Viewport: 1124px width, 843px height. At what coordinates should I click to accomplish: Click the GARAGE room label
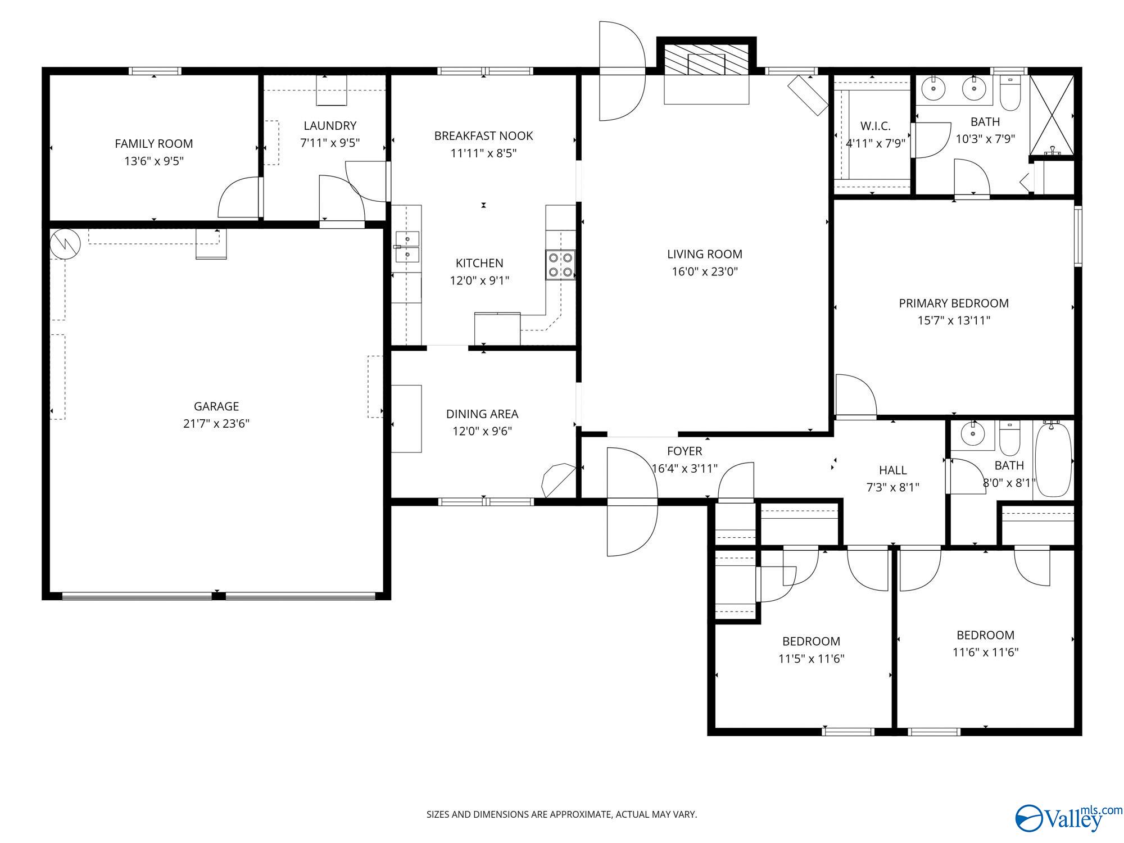click(x=216, y=406)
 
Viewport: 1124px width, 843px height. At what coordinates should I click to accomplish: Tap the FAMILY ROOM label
click(x=154, y=144)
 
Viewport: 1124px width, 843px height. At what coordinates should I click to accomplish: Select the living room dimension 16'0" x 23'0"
click(x=705, y=272)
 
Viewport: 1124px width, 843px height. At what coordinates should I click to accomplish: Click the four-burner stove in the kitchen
click(x=560, y=265)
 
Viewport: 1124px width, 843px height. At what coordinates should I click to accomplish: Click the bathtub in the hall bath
click(x=1053, y=460)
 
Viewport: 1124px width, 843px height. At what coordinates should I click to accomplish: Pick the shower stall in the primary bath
click(x=1052, y=115)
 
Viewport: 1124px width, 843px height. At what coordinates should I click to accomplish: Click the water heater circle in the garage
click(x=65, y=244)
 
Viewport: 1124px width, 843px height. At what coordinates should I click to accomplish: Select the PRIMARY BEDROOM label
click(x=954, y=303)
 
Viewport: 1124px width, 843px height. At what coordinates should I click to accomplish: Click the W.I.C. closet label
click(x=876, y=126)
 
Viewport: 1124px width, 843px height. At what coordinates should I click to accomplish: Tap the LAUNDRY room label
click(x=330, y=126)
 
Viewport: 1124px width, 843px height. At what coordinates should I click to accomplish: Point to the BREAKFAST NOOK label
click(x=483, y=136)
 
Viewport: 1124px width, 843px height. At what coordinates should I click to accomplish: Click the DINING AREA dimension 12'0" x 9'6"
click(x=482, y=432)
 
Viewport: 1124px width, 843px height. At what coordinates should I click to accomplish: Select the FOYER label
click(x=685, y=451)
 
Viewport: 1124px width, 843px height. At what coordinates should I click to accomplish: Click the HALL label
click(x=893, y=470)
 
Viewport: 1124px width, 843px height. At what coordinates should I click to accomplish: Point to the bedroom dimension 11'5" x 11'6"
click(x=811, y=659)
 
